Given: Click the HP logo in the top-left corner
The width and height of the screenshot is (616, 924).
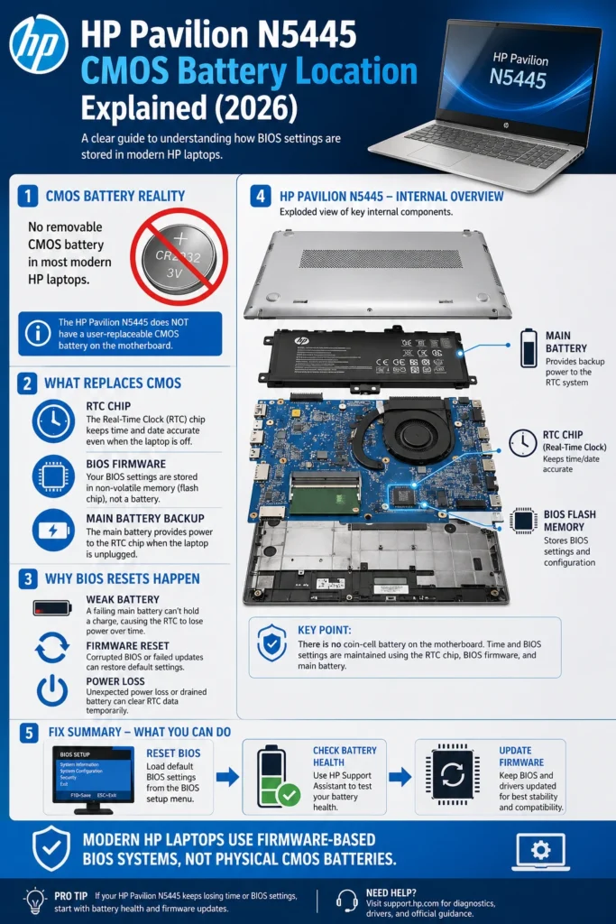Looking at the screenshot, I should pyautogui.click(x=39, y=44).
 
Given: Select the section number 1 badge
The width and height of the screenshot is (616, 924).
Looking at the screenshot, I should pyautogui.click(x=28, y=195).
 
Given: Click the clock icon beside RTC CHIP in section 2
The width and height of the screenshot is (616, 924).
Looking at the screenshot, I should pyautogui.click(x=53, y=421).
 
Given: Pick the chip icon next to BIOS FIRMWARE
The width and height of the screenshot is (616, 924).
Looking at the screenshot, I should pyautogui.click(x=53, y=476).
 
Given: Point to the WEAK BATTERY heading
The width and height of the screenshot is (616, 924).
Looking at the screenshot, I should pyautogui.click(x=123, y=599).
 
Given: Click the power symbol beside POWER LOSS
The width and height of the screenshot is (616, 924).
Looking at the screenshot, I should pyautogui.click(x=52, y=690).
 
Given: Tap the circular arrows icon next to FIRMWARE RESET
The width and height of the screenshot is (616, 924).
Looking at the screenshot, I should pyautogui.click(x=52, y=647).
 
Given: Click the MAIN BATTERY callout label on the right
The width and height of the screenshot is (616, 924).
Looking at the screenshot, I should pyautogui.click(x=565, y=342).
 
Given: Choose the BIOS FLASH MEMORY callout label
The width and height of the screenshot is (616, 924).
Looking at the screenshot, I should pyautogui.click(x=569, y=521).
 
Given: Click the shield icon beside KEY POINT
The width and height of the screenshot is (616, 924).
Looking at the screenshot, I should pyautogui.click(x=271, y=643).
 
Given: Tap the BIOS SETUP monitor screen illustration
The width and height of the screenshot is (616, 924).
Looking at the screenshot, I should pyautogui.click(x=92, y=775).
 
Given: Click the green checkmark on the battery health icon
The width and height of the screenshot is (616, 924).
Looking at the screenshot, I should pyautogui.click(x=289, y=795).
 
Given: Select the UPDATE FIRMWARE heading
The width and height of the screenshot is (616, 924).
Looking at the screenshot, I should pyautogui.click(x=515, y=756).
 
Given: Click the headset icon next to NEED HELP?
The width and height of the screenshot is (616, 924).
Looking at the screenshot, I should pyautogui.click(x=346, y=900).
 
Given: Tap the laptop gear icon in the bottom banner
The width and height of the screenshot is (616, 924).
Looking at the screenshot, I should pyautogui.click(x=540, y=850).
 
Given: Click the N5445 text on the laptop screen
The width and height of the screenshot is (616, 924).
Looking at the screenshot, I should pyautogui.click(x=517, y=79).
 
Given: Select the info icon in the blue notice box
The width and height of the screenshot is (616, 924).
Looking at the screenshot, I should pyautogui.click(x=37, y=332).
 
